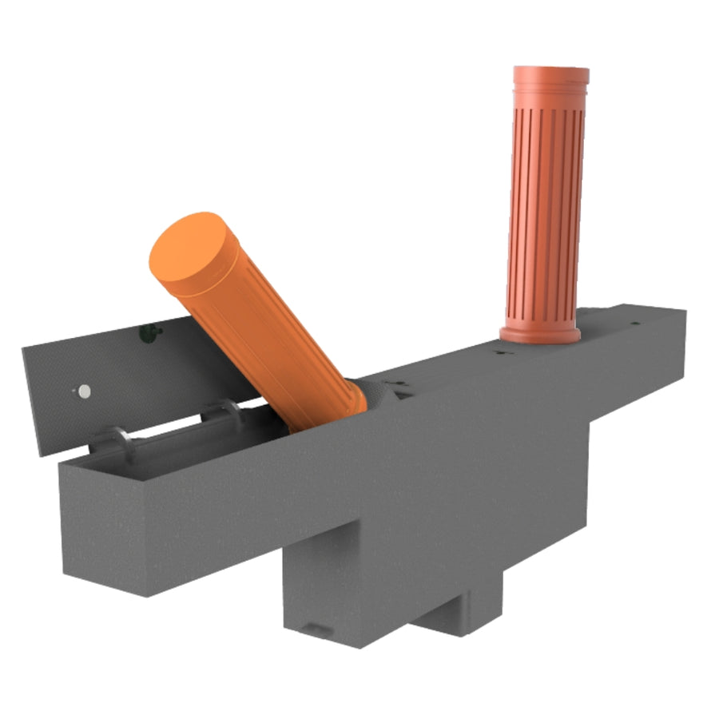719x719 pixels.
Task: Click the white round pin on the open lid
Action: pos(84,391)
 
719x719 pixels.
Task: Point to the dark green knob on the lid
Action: pos(146,332)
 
